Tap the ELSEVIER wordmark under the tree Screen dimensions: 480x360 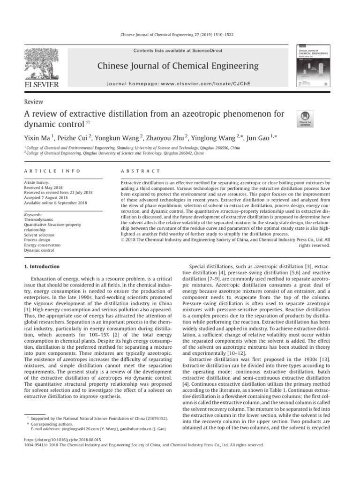tap(41, 84)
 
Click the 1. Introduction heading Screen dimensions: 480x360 tap(42, 266)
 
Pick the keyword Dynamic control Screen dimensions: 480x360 tap(39, 250)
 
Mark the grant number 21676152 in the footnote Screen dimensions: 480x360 tap(155, 417)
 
